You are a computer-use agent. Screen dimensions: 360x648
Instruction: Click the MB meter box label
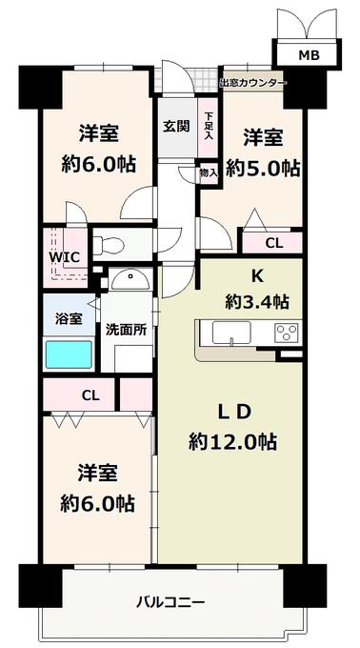310,54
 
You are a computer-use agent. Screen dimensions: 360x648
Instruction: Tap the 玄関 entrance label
176,127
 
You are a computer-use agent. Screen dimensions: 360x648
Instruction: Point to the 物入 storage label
208,172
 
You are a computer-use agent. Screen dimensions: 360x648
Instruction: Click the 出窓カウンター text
252,83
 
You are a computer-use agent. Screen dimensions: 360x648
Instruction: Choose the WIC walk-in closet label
64,257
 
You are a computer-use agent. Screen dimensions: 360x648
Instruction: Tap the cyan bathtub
69,354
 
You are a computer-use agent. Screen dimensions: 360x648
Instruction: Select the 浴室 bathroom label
69,318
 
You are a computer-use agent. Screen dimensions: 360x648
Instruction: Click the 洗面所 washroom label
126,329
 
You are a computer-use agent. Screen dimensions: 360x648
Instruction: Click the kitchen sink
231,333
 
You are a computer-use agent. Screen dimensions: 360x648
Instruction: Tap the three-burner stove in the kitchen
287,332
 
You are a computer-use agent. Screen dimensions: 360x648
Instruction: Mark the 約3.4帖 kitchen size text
256,302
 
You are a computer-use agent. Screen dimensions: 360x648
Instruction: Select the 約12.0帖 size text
232,442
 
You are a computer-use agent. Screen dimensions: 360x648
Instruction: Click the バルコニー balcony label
170,602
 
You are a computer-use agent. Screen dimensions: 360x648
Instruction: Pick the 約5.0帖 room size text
263,169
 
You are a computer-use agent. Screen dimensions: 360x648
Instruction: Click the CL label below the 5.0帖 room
274,243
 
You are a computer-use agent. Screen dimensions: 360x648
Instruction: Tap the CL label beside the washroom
90,395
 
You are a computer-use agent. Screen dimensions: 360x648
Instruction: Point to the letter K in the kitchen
257,276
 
